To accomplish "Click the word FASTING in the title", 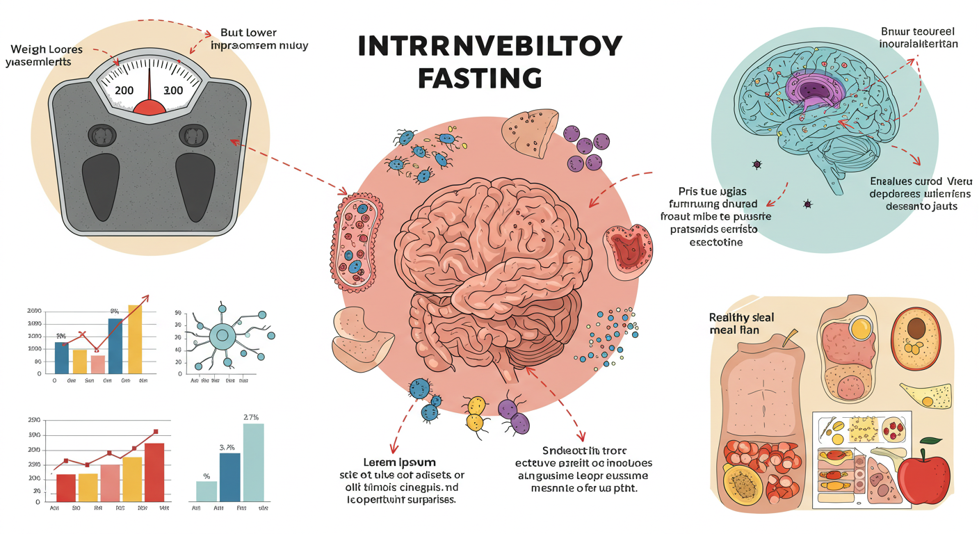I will click(x=480, y=76).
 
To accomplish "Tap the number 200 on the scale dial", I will click(x=125, y=90).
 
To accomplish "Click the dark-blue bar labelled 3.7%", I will click(x=229, y=476).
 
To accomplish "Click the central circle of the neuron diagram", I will click(x=222, y=337).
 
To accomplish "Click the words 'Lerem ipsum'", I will click(x=399, y=462).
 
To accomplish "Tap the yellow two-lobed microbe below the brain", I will click(x=476, y=413).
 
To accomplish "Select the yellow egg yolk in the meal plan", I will click(x=862, y=327).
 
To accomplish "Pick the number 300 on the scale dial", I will click(x=172, y=90).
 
